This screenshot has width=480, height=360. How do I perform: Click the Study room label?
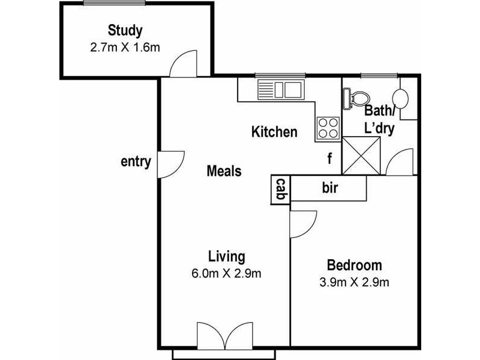tap(125, 30)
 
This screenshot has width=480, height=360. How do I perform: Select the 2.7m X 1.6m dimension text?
tap(125, 47)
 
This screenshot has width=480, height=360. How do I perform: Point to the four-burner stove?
tap(328, 127)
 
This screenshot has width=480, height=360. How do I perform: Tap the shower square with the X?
tap(361, 155)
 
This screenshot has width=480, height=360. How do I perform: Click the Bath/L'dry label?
tap(380, 119)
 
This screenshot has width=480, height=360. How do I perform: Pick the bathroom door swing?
tap(398, 163)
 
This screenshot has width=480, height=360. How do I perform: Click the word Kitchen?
tap(274, 132)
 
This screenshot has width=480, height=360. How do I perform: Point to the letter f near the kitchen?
tap(329, 159)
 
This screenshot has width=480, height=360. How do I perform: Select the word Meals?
tap(224, 171)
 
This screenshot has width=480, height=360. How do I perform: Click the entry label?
tap(136, 162)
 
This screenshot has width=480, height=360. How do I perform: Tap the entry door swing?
tap(169, 164)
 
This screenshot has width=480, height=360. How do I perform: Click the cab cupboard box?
tap(280, 190)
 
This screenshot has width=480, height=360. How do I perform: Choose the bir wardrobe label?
tap(330, 188)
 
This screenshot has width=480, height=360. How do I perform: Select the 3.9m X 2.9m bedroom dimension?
tap(354, 281)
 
